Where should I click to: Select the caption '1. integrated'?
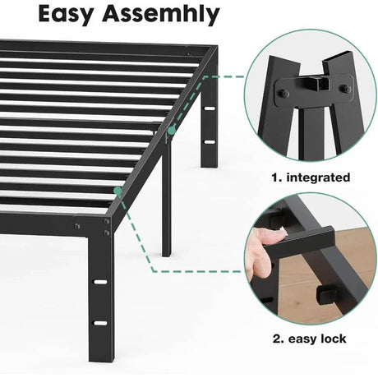click(x=310, y=177)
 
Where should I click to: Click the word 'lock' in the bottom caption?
click(x=329, y=339)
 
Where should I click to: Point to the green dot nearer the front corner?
click(x=118, y=191)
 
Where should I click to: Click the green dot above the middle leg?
click(x=172, y=130)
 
